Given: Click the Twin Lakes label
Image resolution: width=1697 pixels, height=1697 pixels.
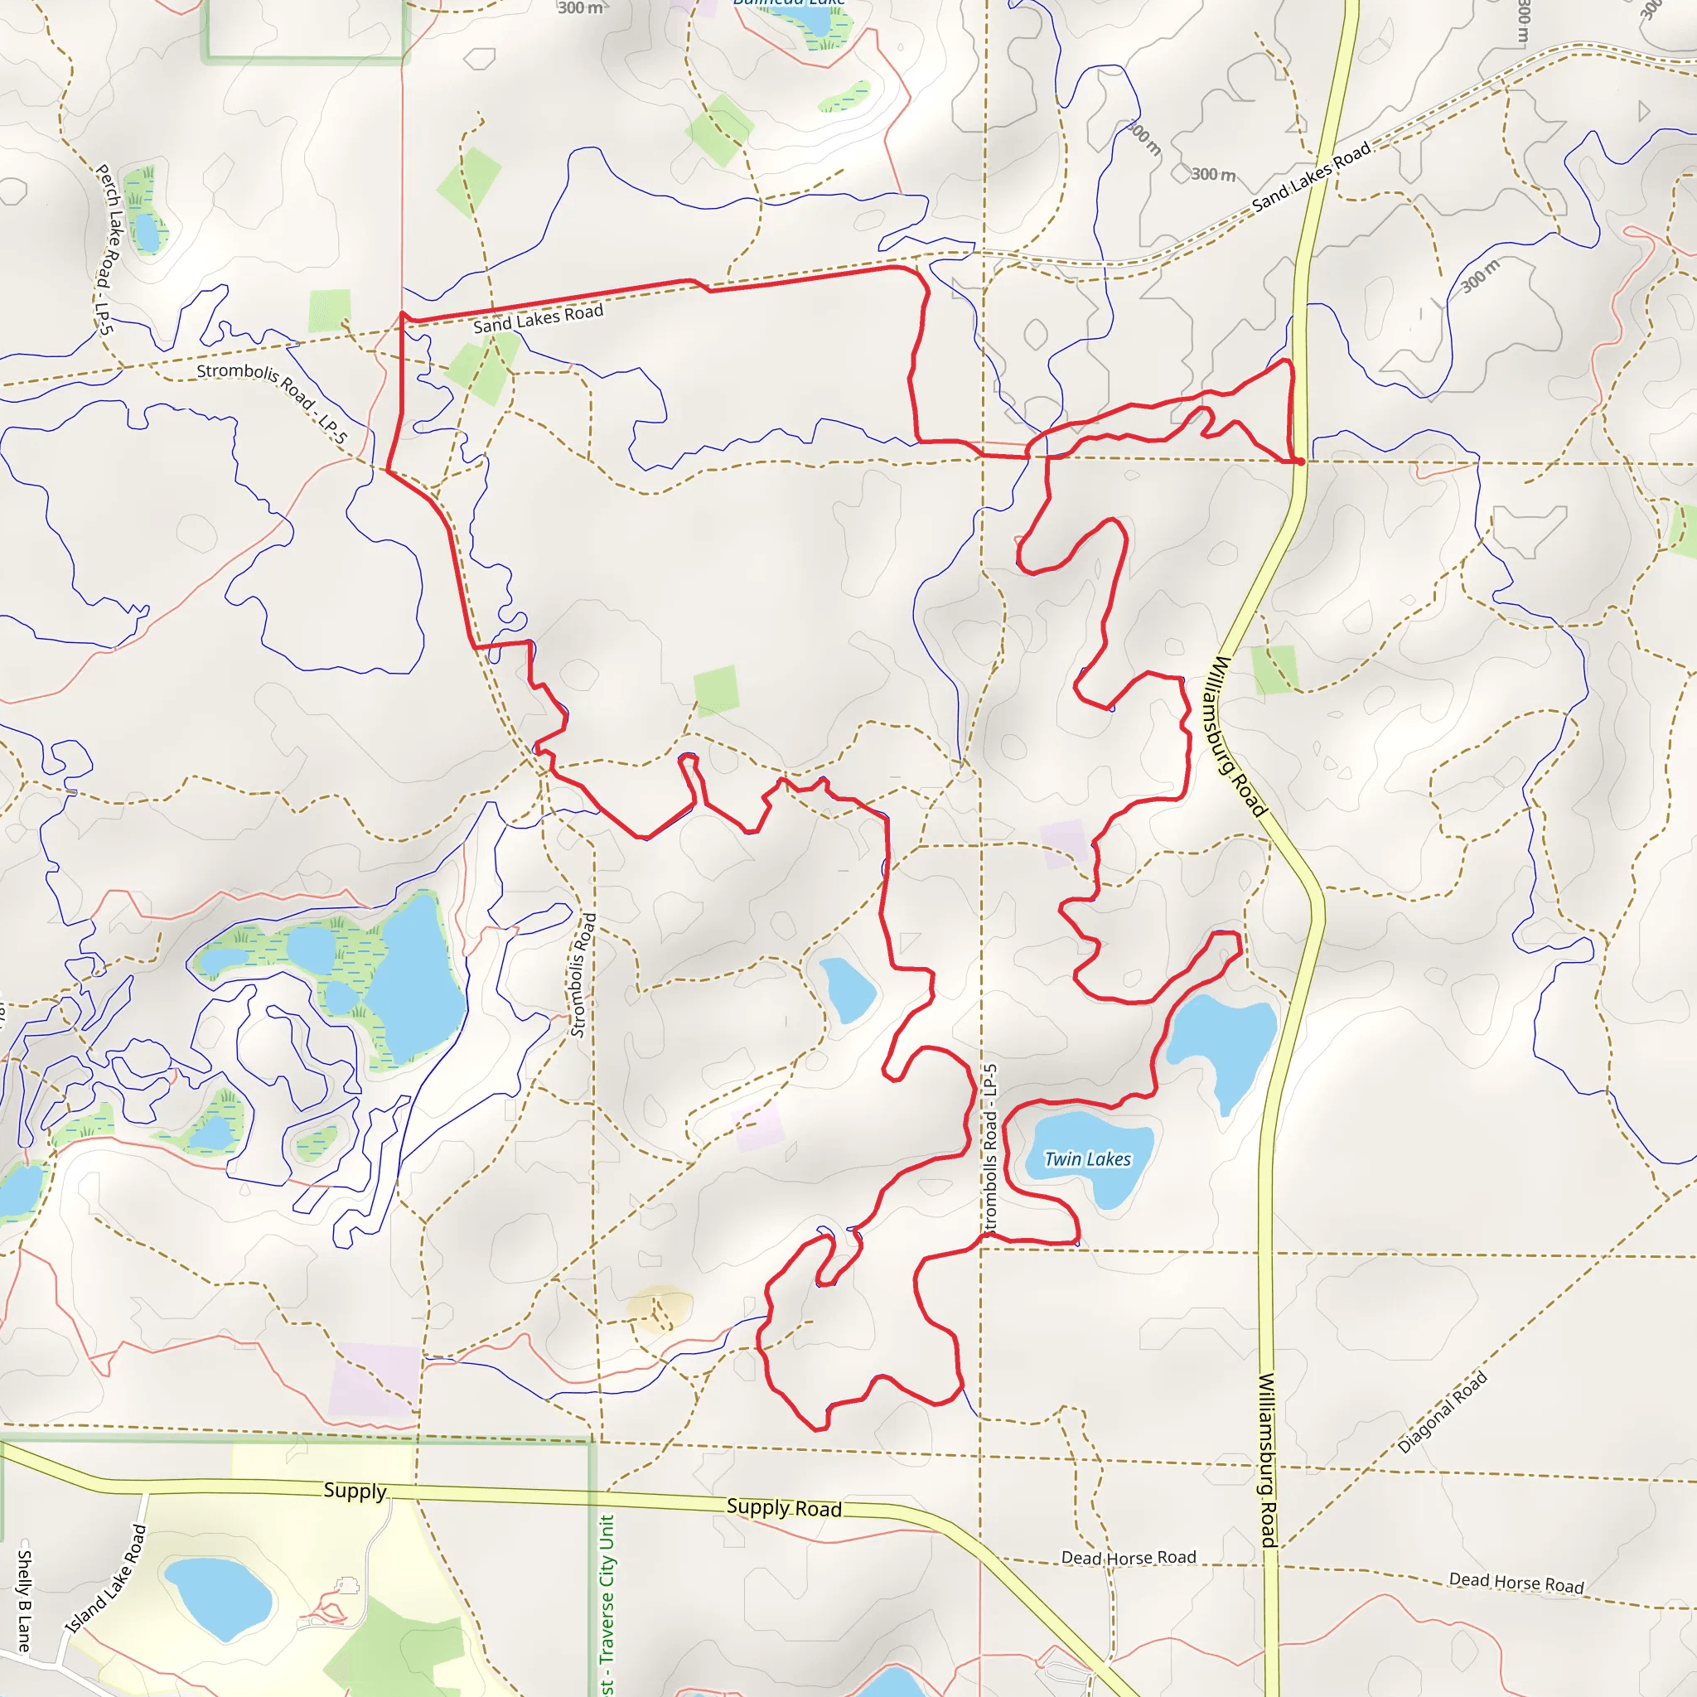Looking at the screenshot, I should (1087, 1159).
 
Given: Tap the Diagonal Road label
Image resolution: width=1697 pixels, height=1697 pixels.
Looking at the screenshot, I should (1443, 1413).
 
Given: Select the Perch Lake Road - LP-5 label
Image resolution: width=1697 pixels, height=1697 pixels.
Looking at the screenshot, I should (105, 249).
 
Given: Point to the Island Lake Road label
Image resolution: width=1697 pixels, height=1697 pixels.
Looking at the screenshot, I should (106, 1579).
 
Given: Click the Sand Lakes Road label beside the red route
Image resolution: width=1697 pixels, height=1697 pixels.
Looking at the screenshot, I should (538, 318).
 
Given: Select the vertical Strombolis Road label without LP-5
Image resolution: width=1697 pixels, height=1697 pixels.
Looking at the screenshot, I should (583, 975).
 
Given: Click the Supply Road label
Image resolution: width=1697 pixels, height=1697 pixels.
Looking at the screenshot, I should (784, 1507).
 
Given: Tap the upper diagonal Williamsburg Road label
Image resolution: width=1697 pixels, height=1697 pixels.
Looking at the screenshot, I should (1235, 736).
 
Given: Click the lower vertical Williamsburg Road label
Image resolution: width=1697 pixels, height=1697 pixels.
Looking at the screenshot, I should (1268, 1458).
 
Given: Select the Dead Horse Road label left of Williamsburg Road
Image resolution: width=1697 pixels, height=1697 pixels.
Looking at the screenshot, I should (1129, 1557).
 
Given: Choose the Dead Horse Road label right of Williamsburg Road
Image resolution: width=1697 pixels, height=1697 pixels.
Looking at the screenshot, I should (1516, 1583).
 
